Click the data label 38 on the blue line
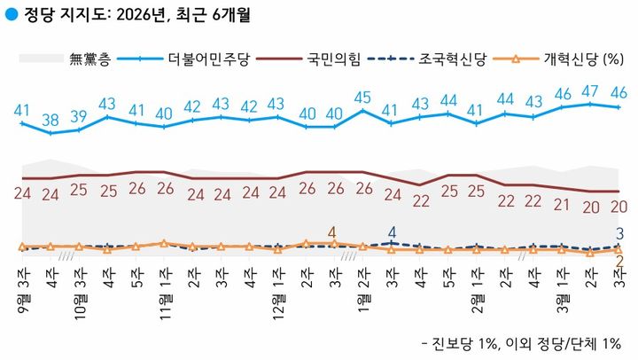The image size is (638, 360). click(51, 119)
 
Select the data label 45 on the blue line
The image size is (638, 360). click(362, 97)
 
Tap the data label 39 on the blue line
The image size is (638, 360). click(79, 116)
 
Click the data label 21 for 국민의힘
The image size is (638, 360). click(562, 203)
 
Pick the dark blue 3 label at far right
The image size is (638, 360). click(621, 234)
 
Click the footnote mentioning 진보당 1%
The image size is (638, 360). click(524, 342)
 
